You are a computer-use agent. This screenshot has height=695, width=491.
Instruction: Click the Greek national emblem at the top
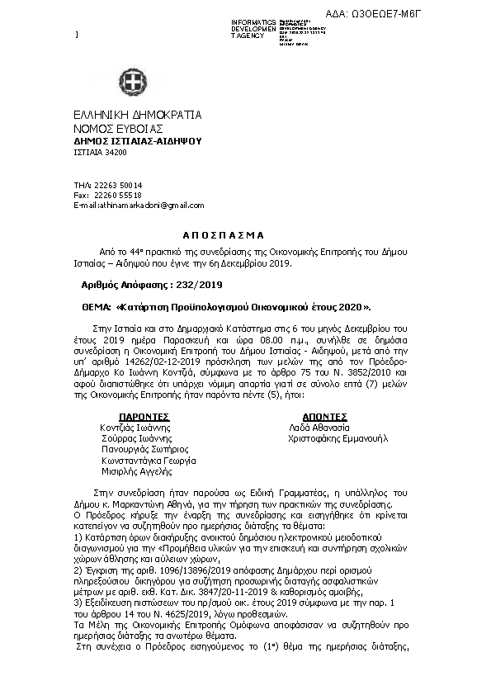coord(133,82)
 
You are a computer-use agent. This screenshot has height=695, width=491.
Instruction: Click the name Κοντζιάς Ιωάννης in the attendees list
coord(136,428)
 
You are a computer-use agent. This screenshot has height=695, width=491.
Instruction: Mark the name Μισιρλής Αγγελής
coord(136,471)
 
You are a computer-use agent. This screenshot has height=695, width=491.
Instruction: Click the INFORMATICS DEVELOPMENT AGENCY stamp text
coord(254,29)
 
